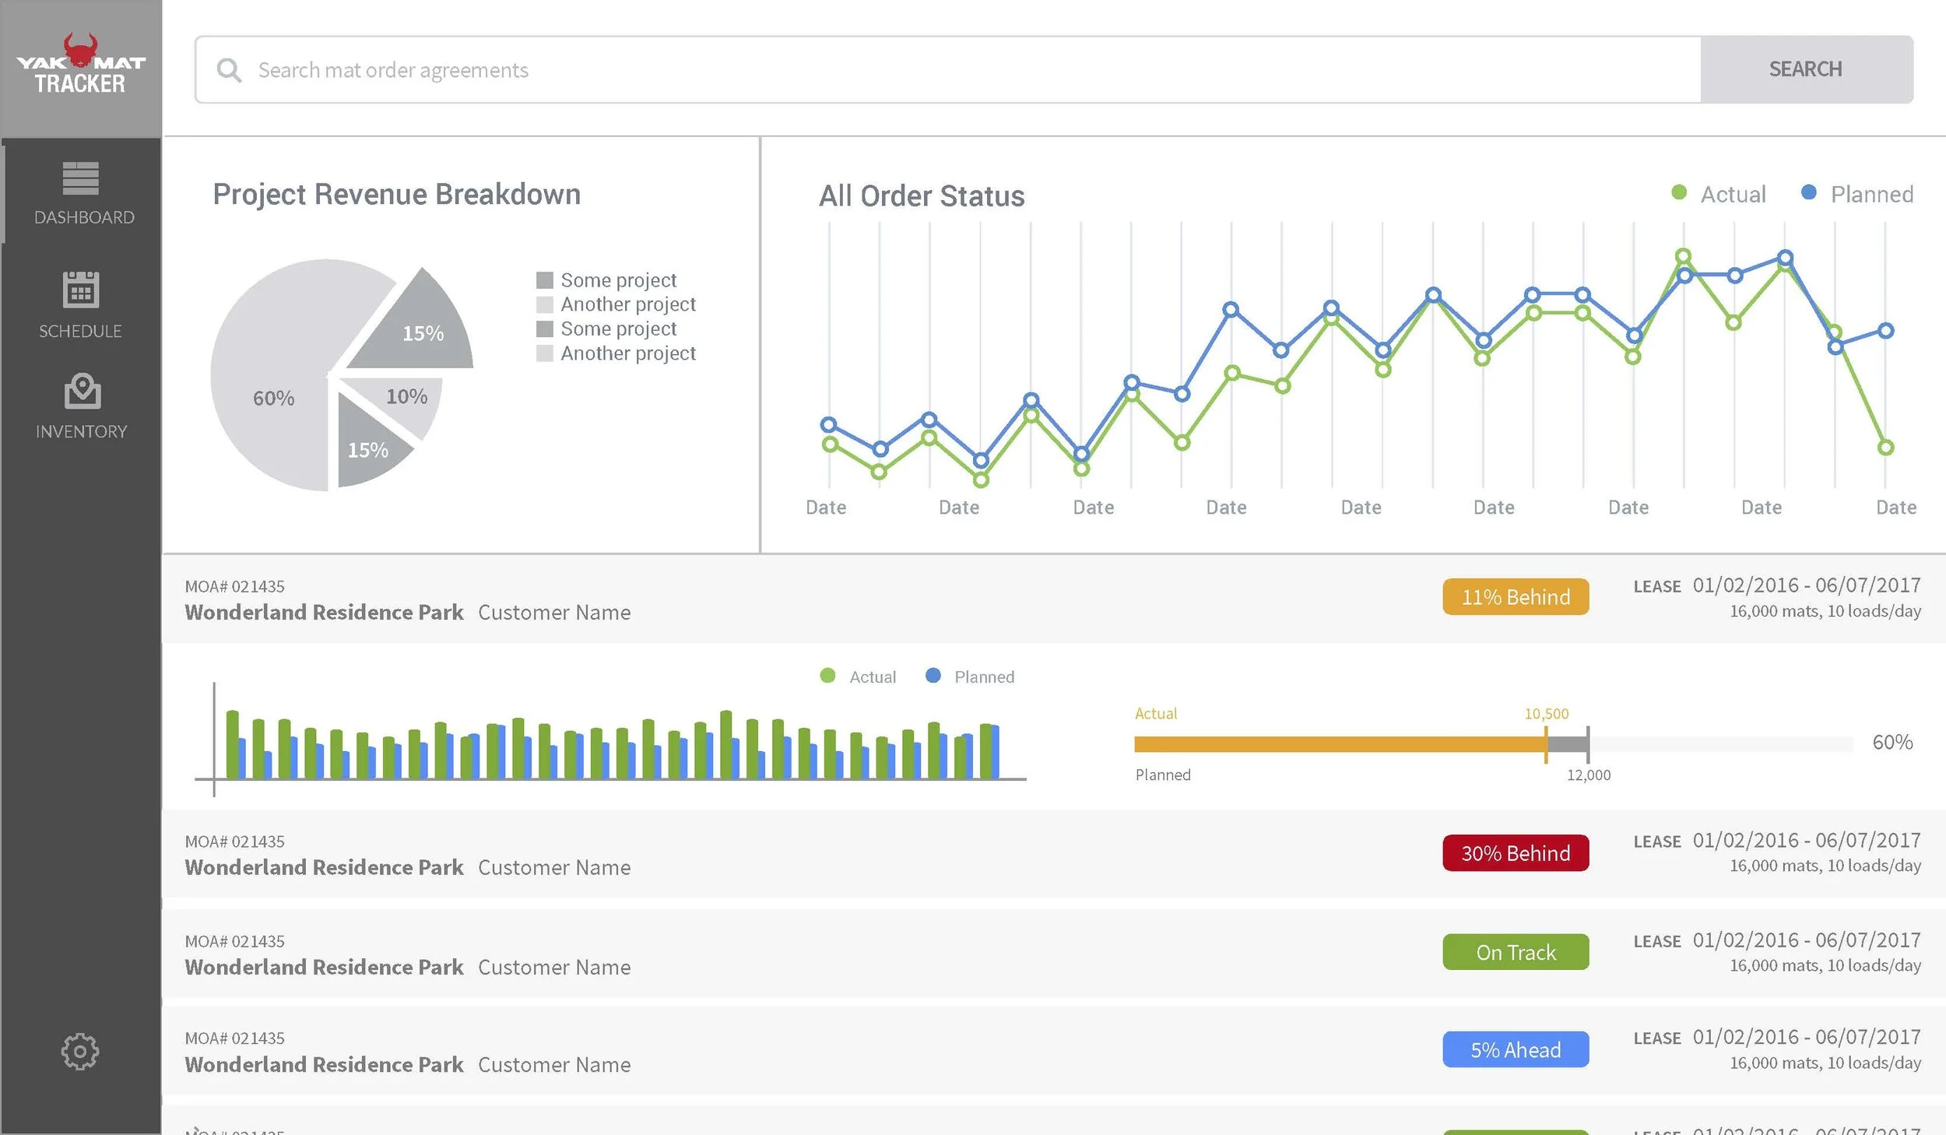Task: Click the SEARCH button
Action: coord(1805,69)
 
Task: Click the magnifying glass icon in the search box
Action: coord(229,70)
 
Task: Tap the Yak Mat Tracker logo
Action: coord(81,65)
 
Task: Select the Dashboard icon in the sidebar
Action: coord(81,179)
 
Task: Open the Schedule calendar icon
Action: coord(81,290)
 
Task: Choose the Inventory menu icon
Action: coord(83,391)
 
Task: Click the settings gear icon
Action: coord(80,1052)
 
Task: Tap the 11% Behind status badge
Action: coord(1515,597)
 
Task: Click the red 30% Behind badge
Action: coord(1515,853)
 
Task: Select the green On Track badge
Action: coord(1515,952)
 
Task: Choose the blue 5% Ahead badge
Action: coord(1515,1050)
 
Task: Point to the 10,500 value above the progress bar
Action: coord(1546,714)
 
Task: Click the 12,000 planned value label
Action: coord(1588,775)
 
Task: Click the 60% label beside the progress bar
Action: coord(1892,742)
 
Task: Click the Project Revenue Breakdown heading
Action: coord(396,195)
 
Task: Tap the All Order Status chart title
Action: coord(922,196)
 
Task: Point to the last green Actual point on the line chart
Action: coord(1885,448)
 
